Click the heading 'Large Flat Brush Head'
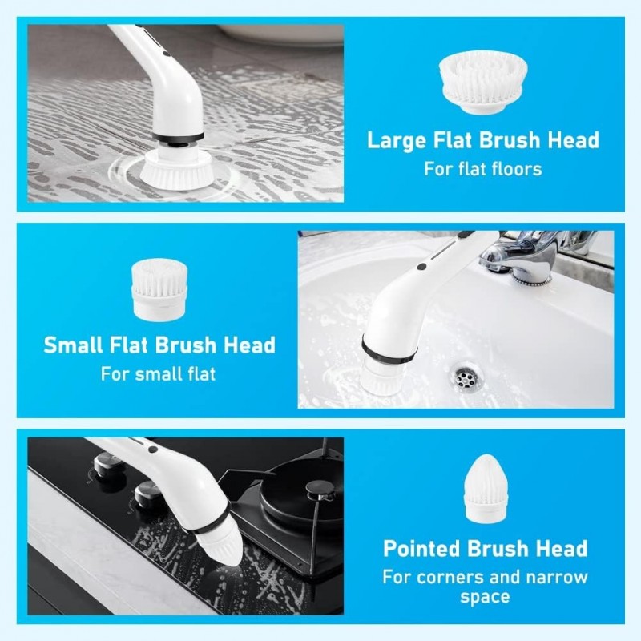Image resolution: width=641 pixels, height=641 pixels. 483,140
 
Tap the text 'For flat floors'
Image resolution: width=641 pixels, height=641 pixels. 483,169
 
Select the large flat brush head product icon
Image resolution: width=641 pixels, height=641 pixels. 482,79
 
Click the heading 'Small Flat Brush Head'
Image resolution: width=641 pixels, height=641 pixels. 159,345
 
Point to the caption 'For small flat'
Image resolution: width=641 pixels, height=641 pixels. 158,374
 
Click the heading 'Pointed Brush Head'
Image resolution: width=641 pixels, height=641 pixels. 485,549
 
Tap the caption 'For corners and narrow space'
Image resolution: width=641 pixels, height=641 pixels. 485,587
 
